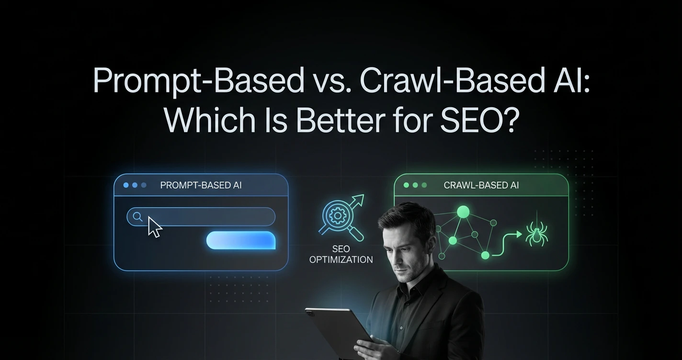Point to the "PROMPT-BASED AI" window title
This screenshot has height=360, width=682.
(201, 185)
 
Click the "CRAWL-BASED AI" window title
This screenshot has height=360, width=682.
(481, 185)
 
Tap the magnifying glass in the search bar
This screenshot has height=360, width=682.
(137, 217)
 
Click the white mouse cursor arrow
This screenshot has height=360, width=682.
(155, 226)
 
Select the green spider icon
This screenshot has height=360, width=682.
(536, 234)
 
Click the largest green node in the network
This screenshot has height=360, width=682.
(463, 212)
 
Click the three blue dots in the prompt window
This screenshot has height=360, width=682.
(135, 185)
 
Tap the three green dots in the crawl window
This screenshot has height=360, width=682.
(415, 185)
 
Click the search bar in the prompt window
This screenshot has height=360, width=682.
(211, 217)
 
